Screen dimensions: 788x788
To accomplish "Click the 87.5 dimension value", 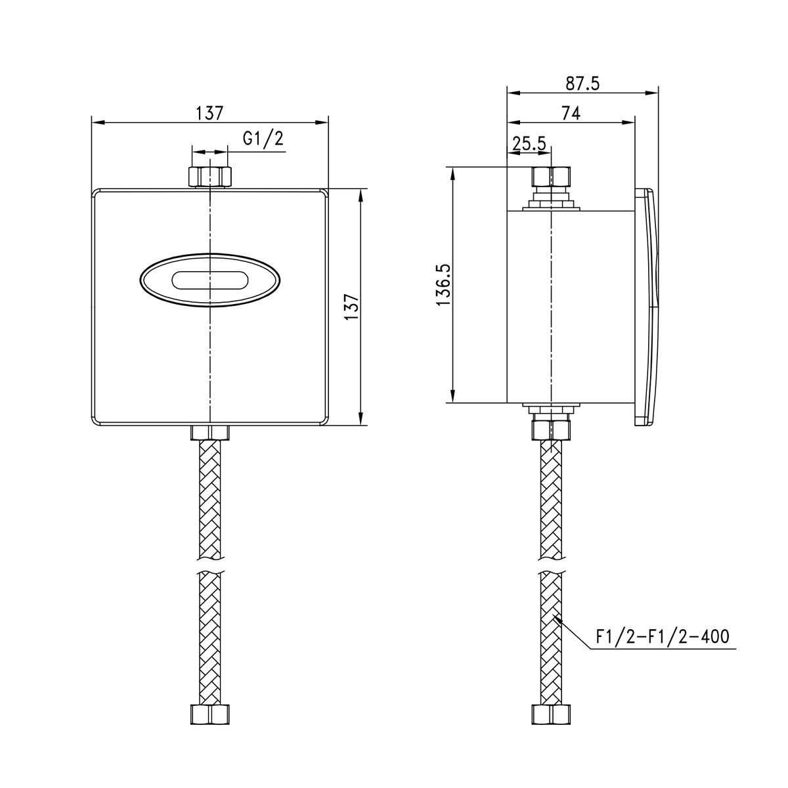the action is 582,83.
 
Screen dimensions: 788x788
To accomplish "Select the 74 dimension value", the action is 571,113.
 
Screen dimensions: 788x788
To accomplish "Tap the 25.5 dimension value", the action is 529,143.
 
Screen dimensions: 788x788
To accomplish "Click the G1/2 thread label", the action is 263,139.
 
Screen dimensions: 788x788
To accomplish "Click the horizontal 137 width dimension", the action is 209,113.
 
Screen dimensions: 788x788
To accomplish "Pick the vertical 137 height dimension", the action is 352,307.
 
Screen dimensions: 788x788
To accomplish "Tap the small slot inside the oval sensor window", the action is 209,280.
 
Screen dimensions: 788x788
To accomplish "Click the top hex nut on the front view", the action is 209,177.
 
